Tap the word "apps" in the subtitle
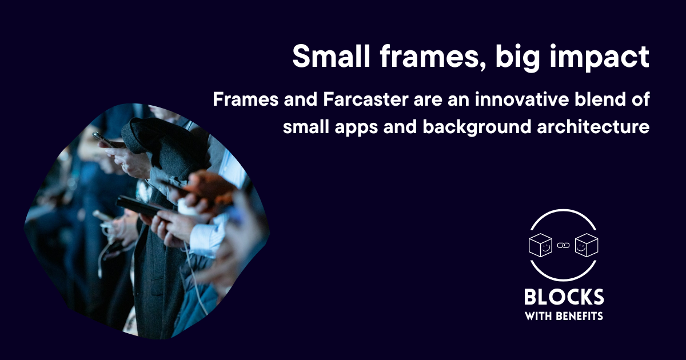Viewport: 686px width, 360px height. [x=353, y=127]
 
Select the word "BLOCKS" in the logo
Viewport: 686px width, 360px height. [x=564, y=297]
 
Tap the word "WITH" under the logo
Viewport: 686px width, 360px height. [x=537, y=316]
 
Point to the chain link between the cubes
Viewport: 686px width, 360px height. [x=564, y=246]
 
